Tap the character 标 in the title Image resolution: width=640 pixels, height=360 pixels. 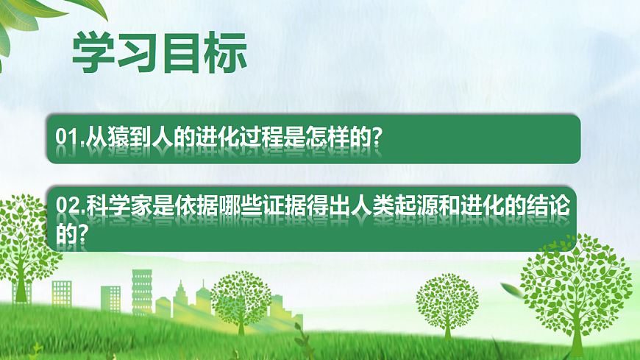(x=225, y=52)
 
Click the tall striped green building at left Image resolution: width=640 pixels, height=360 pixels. (x=141, y=291)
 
